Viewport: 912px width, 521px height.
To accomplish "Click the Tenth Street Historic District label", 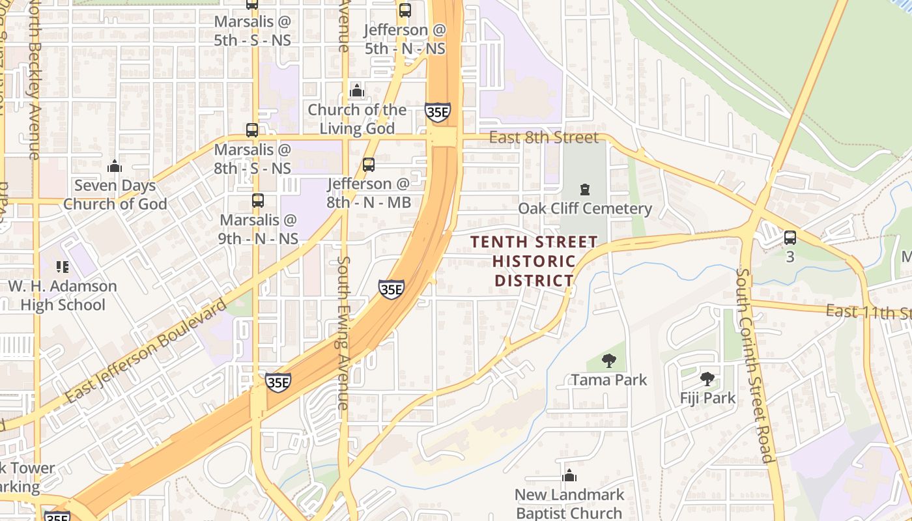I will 534,261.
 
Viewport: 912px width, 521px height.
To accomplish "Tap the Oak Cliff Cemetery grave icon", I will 584,190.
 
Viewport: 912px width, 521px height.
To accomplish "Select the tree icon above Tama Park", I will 609,360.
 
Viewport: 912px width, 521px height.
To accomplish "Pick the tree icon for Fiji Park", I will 707,378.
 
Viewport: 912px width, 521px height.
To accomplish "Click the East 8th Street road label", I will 543,137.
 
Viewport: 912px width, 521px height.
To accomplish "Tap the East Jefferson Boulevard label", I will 146,352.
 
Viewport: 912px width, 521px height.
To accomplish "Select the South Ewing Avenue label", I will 343,332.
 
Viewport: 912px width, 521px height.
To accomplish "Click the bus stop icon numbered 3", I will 790,238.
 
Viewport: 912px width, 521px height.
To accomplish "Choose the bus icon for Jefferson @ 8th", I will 369,165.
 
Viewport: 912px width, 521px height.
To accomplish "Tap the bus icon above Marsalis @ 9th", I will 258,201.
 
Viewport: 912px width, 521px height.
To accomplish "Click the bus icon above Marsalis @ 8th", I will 252,130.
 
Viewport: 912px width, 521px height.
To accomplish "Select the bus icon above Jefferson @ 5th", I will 405,10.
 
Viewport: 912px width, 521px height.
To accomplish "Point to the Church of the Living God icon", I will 357,90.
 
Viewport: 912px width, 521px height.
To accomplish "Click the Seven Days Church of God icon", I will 115,166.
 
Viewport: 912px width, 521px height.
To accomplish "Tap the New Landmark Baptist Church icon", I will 569,475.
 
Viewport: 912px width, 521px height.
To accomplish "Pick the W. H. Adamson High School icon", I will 63,266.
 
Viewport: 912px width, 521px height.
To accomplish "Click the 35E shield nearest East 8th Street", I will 437,112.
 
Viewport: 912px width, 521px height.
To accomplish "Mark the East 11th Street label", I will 869,311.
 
